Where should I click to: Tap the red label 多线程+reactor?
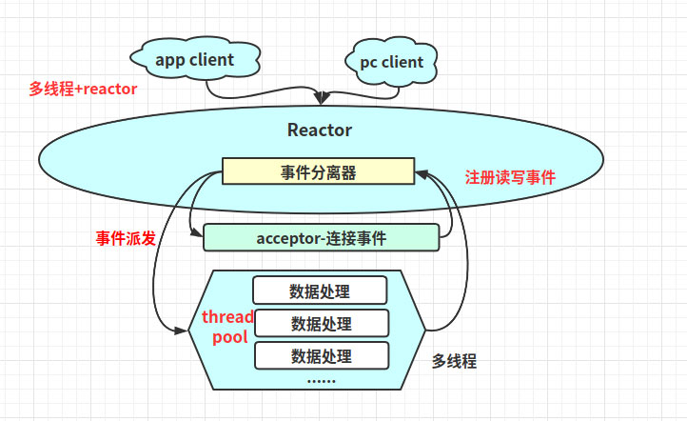[83, 89]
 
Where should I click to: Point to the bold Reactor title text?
[320, 130]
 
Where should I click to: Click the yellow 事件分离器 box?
[318, 171]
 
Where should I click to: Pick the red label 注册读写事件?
[510, 177]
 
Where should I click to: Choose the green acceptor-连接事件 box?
[322, 238]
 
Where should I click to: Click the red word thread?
[228, 317]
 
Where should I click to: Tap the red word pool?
[229, 337]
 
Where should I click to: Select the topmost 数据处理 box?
[320, 291]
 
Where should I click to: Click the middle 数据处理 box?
[322, 324]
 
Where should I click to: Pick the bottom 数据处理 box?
[322, 356]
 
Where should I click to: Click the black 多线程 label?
[454, 361]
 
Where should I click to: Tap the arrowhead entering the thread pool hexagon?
[184, 331]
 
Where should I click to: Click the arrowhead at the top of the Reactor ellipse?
[324, 98]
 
